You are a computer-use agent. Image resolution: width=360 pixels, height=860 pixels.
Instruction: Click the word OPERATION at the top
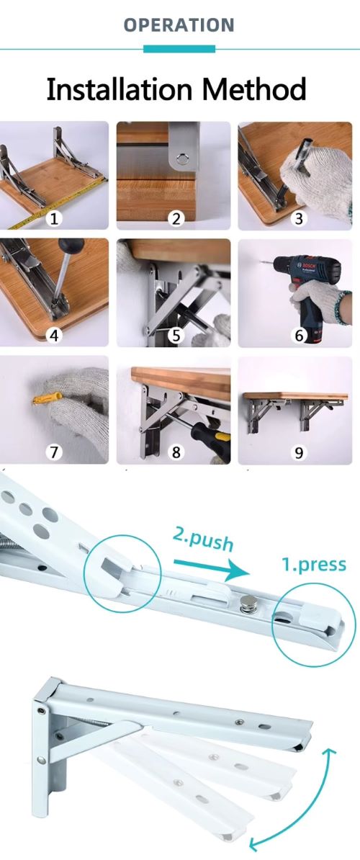click(179, 24)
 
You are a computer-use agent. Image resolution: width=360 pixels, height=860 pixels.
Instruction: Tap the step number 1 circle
click(54, 219)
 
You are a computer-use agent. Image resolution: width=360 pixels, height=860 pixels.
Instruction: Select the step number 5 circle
click(176, 335)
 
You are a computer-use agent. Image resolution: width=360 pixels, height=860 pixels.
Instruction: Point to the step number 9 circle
click(299, 452)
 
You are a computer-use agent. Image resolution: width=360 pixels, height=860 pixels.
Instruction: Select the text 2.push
click(203, 540)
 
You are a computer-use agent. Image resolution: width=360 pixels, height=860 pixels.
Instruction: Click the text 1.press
click(314, 565)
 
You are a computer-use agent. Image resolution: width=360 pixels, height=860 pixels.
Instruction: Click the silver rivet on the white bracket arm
click(247, 606)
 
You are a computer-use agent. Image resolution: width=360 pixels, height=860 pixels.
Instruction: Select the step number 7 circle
click(54, 452)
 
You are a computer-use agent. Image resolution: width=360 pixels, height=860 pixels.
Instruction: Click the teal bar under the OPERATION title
click(179, 49)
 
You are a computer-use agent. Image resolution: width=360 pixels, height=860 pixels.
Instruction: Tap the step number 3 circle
click(299, 219)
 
